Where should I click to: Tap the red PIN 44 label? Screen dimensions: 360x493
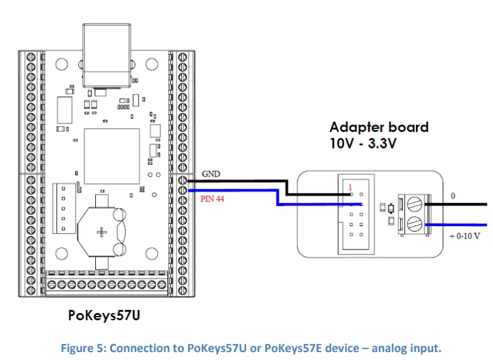pos(213,199)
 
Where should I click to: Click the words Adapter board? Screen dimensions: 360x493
pos(379,127)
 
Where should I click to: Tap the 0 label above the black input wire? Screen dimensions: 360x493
pos(453,197)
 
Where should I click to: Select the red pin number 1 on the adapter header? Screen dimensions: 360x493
pos(351,187)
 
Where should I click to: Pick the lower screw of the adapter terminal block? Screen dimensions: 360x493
pos(414,223)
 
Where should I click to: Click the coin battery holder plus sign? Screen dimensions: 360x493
pos(103,232)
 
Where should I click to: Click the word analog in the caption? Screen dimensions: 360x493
pos(384,348)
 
